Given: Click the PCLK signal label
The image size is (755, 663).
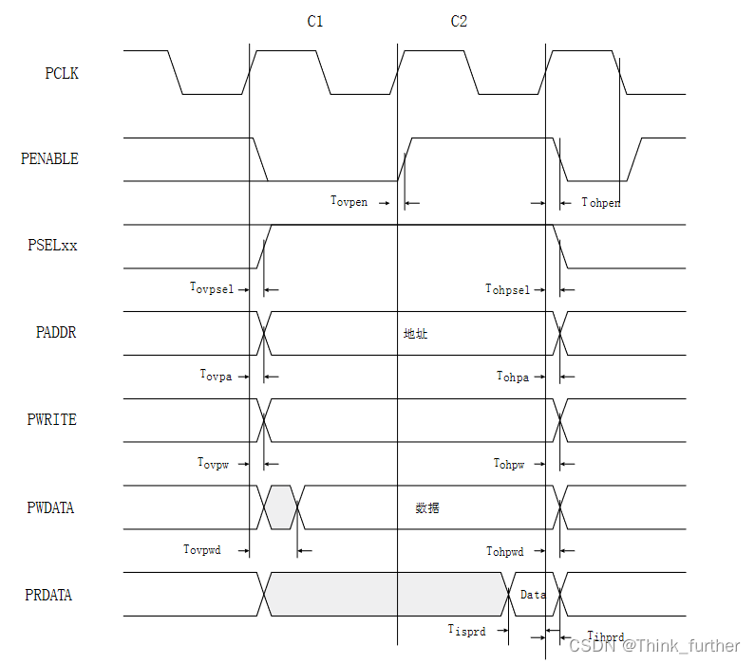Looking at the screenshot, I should click(62, 73).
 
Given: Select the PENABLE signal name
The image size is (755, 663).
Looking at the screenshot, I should click(49, 158).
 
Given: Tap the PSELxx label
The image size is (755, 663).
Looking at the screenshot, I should click(52, 245).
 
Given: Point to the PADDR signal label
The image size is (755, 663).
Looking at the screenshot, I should click(56, 333).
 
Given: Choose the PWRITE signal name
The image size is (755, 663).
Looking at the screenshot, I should click(52, 419).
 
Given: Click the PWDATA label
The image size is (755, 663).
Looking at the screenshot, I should click(50, 507).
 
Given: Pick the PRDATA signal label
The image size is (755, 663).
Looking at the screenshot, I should click(48, 595).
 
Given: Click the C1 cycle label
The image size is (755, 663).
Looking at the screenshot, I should click(315, 21).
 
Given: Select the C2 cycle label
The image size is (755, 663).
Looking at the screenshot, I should click(459, 21).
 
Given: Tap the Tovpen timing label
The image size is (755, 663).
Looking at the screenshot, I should click(349, 201).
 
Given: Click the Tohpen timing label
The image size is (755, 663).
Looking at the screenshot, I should click(601, 202).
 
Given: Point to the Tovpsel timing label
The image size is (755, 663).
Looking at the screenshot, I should click(211, 287).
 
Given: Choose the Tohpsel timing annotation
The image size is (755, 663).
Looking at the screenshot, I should click(507, 288).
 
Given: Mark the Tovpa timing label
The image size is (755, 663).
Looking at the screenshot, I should click(216, 376).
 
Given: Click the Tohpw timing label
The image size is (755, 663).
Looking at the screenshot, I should click(509, 463).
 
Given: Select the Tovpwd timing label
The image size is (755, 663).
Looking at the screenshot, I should click(202, 549).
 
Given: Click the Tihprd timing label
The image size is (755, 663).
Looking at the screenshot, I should click(606, 636).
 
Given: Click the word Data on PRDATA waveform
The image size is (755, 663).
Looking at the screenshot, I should click(533, 595).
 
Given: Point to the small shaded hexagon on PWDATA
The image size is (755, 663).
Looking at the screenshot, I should click(281, 507).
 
